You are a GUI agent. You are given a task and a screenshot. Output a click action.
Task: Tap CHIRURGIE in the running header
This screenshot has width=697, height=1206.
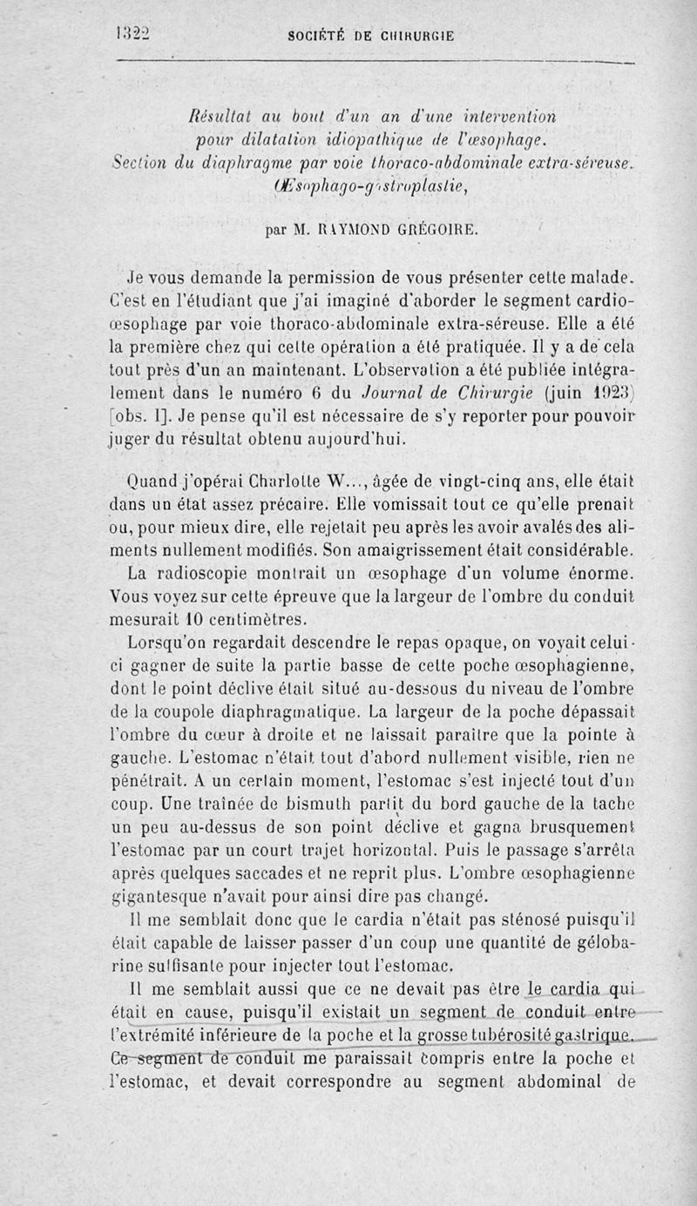click(415, 36)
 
